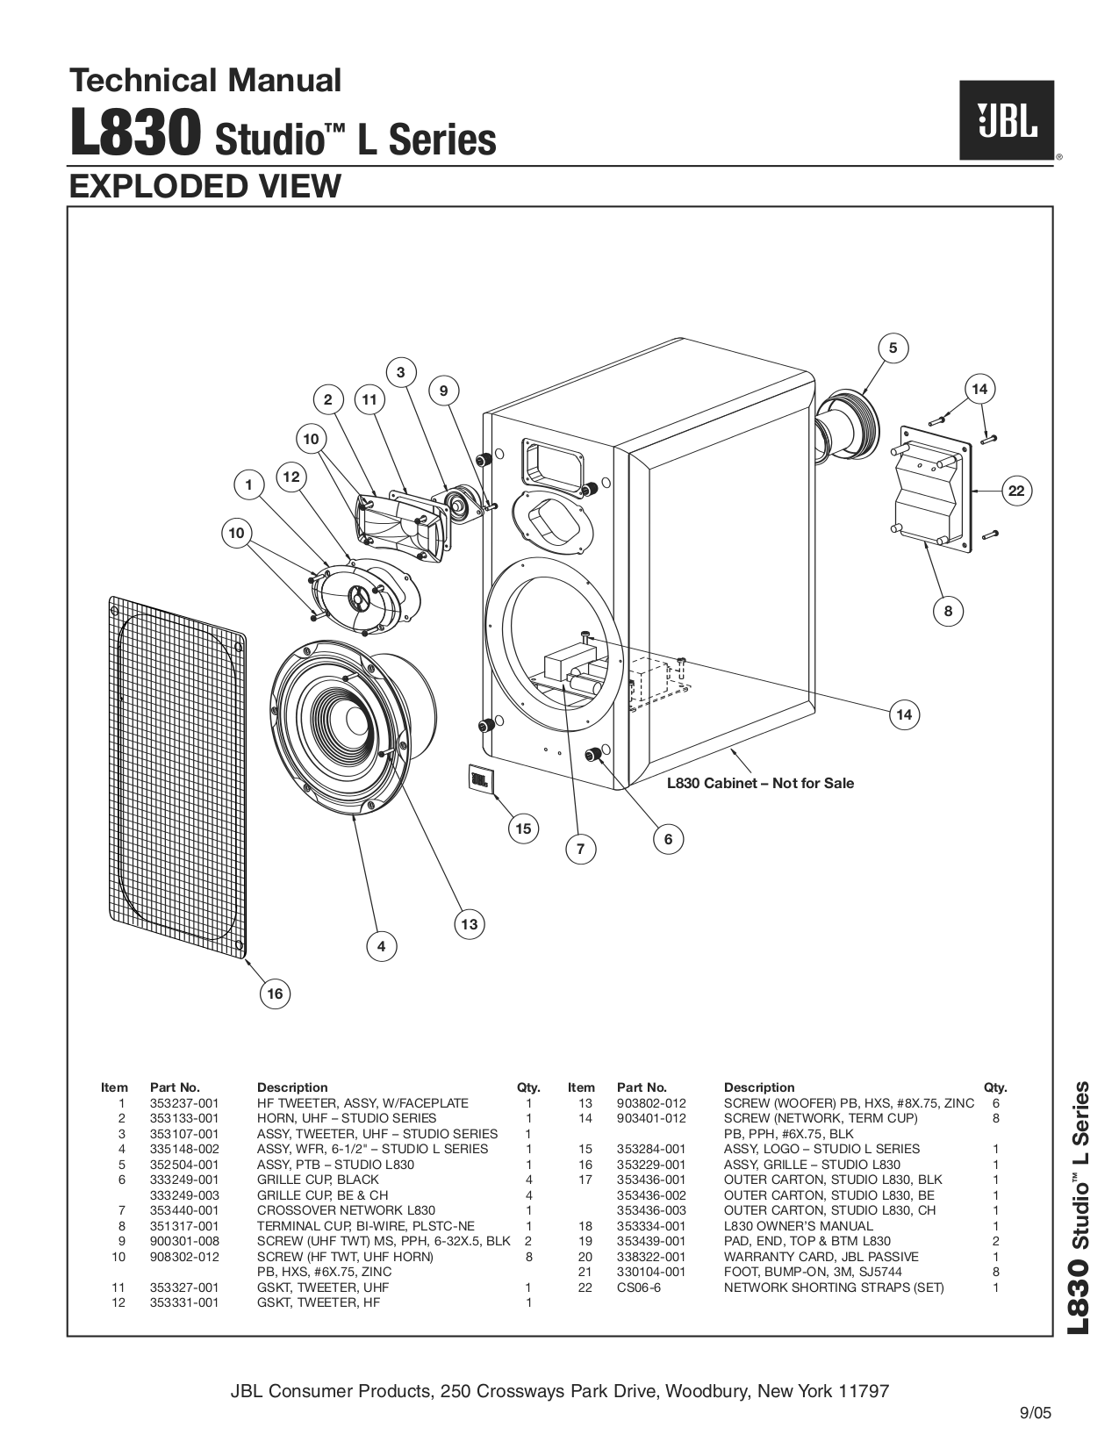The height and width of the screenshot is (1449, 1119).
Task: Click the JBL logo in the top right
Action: click(1006, 120)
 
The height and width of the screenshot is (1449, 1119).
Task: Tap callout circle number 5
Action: click(893, 348)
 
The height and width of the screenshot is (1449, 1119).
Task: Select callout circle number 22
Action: click(1015, 491)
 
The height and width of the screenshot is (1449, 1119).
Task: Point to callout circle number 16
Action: click(276, 993)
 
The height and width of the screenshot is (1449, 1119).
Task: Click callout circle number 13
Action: click(470, 923)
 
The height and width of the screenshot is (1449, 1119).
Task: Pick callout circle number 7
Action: click(580, 849)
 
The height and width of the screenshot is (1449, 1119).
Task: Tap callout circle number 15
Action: click(524, 829)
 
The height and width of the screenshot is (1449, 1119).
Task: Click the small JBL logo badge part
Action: click(480, 778)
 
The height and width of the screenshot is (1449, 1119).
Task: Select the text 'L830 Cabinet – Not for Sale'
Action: click(760, 783)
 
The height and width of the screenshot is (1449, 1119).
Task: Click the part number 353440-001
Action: click(184, 1210)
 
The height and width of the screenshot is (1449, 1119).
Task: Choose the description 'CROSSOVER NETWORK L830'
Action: click(346, 1210)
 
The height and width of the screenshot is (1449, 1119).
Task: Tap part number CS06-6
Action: click(638, 1288)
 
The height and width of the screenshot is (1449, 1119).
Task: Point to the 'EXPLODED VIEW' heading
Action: click(204, 186)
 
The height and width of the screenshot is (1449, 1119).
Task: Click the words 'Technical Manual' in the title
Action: click(205, 81)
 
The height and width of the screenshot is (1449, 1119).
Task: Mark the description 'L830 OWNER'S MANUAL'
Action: click(798, 1226)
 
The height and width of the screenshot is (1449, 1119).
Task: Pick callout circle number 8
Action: click(948, 611)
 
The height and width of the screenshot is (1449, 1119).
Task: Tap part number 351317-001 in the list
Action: click(184, 1226)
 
